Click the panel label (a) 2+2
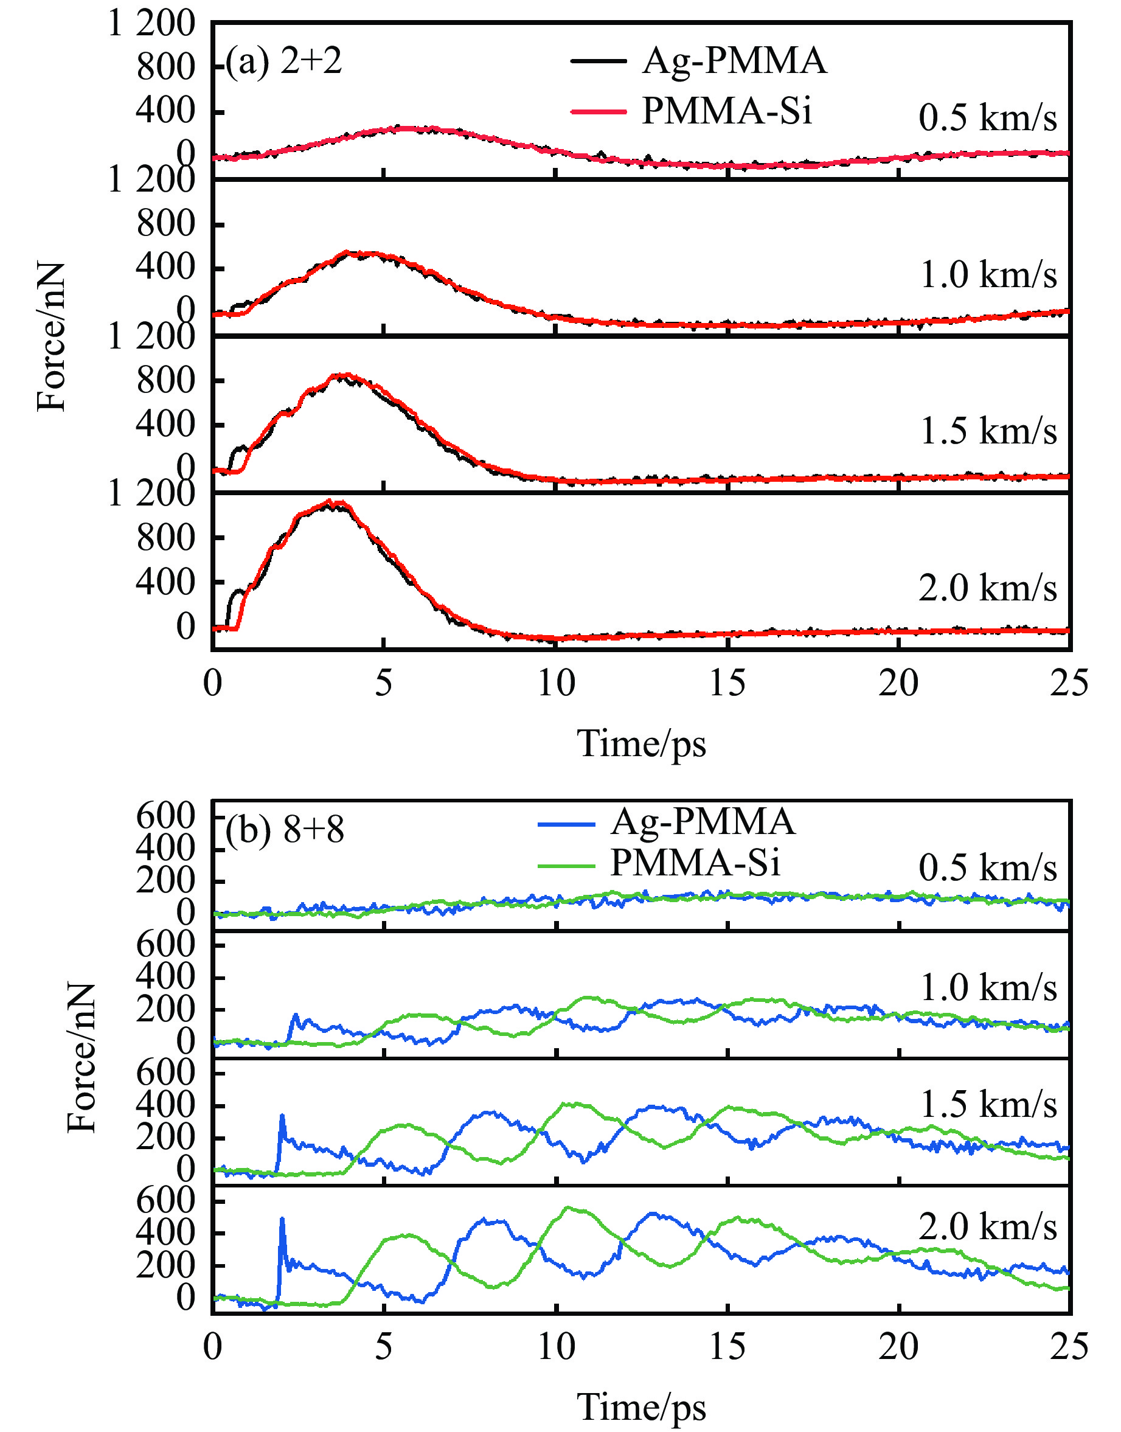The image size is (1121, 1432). tap(283, 62)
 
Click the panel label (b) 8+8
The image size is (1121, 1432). tap(284, 830)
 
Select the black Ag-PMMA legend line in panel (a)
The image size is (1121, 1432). tap(598, 61)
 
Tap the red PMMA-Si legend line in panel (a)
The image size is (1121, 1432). tap(598, 111)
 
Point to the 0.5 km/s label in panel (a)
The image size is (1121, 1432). tap(988, 118)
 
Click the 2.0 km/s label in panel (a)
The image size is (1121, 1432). tap(988, 588)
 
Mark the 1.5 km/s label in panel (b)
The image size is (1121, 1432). tap(988, 1105)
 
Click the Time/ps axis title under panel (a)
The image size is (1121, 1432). tap(641, 743)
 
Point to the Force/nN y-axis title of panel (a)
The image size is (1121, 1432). tap(51, 336)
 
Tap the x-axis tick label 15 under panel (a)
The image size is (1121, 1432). tap(727, 683)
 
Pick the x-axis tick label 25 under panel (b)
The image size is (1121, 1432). tap(1069, 1347)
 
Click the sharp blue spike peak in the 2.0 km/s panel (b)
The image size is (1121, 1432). tap(282, 1219)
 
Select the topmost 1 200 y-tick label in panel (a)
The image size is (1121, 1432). tap(151, 25)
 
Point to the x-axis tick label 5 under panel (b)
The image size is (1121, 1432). tap(383, 1347)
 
